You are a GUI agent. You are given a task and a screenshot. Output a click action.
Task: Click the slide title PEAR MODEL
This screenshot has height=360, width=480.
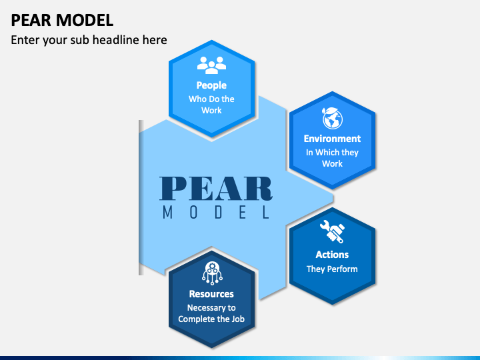(x=62, y=21)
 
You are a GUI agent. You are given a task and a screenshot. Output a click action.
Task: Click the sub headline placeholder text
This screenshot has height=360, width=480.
(x=89, y=40)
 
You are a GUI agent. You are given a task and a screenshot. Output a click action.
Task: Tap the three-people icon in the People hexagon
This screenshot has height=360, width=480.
(x=211, y=65)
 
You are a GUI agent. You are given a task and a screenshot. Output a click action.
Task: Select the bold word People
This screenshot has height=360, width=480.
(x=211, y=85)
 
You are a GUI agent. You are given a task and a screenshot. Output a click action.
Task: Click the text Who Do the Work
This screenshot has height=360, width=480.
(x=211, y=105)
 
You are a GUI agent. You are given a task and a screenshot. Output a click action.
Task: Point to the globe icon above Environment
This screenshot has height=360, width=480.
(x=332, y=118)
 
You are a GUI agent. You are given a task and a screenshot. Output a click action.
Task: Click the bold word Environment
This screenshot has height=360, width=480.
(x=332, y=139)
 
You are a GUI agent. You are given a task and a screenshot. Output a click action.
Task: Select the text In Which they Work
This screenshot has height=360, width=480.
(x=332, y=158)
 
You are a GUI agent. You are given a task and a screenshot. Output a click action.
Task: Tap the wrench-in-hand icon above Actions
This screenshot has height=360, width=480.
(x=333, y=231)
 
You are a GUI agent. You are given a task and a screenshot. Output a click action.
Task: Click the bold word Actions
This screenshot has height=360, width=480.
(x=332, y=255)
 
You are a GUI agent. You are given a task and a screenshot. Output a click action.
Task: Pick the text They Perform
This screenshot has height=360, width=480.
(x=332, y=269)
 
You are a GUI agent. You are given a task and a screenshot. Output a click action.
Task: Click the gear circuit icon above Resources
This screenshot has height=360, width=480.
(x=212, y=273)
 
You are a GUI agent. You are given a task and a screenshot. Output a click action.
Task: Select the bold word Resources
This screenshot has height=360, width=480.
(x=211, y=294)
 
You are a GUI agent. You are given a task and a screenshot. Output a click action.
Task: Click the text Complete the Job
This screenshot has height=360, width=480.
(x=211, y=319)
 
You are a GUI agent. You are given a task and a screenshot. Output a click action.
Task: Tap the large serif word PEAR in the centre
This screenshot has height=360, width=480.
(x=216, y=189)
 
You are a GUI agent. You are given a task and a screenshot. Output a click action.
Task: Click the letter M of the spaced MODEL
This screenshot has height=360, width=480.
(x=167, y=212)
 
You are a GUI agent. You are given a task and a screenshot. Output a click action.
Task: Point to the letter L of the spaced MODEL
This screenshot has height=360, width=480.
(x=266, y=212)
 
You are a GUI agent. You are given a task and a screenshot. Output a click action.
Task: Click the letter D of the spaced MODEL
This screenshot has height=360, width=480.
(x=218, y=212)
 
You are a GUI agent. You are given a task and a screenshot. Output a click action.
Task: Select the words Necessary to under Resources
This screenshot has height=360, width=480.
(x=211, y=307)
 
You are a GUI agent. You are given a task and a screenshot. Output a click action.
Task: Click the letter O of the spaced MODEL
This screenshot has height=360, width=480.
(x=193, y=212)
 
